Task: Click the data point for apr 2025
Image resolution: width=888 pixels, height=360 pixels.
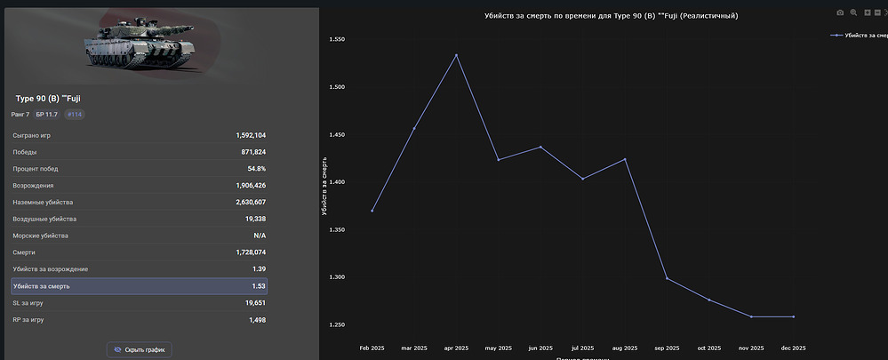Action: coord(456,55)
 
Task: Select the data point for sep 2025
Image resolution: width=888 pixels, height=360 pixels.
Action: coord(667,279)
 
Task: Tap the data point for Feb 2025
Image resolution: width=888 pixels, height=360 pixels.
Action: coord(372,211)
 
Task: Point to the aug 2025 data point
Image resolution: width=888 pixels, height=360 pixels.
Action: coord(625,159)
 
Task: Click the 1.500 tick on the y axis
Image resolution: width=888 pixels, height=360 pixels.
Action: coord(338,87)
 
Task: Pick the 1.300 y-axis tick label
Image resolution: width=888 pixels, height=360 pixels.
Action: coord(338,277)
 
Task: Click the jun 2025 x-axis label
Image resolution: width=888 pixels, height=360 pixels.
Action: coord(540,348)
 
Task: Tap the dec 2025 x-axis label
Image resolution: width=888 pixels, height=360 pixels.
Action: coord(793,348)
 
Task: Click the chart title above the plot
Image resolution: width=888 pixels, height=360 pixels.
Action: coord(611,16)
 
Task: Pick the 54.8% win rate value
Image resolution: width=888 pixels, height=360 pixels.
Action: coord(256,169)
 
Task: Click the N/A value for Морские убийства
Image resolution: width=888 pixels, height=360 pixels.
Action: coord(260,236)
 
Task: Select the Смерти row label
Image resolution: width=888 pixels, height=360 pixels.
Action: coord(25,252)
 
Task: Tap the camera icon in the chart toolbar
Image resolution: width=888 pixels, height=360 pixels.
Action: coord(840,13)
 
